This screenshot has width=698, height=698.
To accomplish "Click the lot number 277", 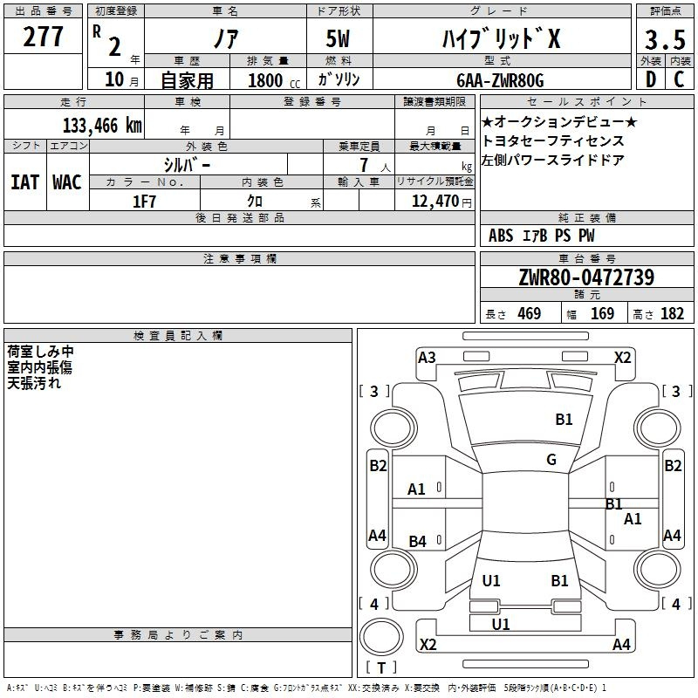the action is (43, 37).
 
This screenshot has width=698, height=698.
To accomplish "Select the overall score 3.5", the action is (665, 39).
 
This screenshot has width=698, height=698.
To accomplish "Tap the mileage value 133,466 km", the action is (102, 126).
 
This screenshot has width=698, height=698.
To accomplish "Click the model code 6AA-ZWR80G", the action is (500, 80).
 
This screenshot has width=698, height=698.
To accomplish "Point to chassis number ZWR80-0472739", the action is (586, 277).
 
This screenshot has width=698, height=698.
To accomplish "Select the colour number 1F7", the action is (144, 202).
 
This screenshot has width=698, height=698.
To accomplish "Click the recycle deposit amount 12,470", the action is (435, 202).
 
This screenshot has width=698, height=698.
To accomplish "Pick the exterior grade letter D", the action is (651, 79).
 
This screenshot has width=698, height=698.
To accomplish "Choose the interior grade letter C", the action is (679, 79).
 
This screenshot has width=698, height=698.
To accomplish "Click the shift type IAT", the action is (25, 182).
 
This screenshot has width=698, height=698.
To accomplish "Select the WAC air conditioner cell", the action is (67, 182).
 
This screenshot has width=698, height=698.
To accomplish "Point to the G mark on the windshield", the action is (551, 459).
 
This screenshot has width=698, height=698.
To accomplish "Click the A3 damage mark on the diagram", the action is (427, 358).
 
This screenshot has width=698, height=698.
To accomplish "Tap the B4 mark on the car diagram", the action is (417, 541).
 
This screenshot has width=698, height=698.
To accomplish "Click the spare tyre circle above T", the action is (381, 637).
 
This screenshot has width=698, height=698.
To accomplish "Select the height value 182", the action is (672, 313).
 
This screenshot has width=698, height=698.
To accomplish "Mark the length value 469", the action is (530, 313).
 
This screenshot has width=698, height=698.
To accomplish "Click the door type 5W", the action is (338, 38).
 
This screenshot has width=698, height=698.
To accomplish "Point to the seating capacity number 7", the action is (364, 165).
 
